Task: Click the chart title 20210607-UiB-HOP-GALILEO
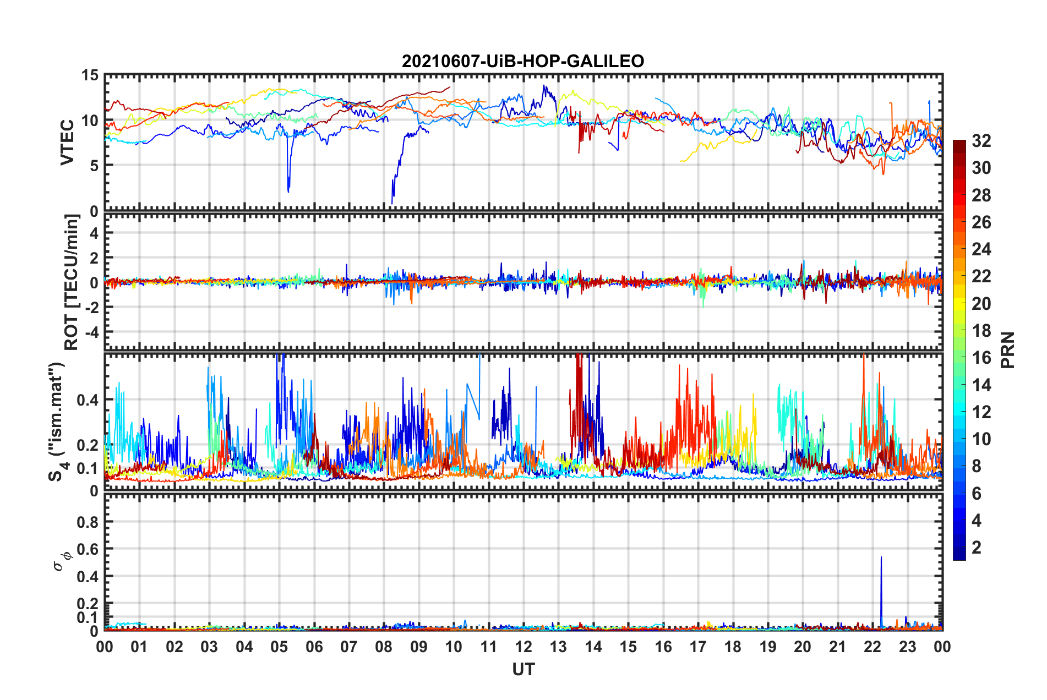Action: point(523,61)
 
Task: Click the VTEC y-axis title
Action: point(67,142)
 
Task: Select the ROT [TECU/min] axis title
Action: point(72,282)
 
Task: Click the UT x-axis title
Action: point(523,669)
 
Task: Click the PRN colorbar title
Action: point(1007,350)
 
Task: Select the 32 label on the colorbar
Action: point(981,141)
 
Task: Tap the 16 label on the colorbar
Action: point(981,358)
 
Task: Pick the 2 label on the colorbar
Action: point(977,548)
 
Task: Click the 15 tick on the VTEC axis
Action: point(90,75)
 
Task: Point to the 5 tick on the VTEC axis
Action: point(94,166)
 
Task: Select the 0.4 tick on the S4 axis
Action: point(88,400)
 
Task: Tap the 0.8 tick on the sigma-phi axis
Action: point(88,522)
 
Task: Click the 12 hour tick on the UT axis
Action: point(523,647)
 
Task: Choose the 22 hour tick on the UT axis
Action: point(872,647)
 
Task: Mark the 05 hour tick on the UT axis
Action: point(279,647)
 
